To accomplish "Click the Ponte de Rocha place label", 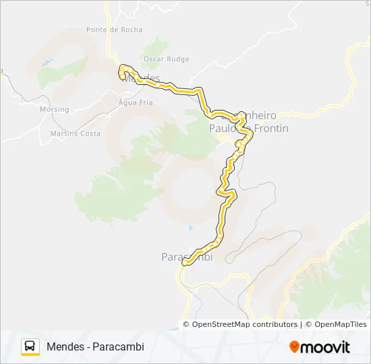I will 114,30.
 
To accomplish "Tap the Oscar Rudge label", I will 166,59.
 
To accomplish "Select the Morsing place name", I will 55,109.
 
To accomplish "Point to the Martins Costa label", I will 75,133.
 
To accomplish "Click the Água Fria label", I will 136,102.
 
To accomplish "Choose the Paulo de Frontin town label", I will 249,128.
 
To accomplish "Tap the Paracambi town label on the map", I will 187,257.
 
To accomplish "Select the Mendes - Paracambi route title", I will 95,346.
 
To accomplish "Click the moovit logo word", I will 325,347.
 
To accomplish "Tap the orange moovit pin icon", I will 294,347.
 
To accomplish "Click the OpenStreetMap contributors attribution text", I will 245,324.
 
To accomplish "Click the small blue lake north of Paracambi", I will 191,228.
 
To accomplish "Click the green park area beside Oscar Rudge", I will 156,48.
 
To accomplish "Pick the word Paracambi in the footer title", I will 123,346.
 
